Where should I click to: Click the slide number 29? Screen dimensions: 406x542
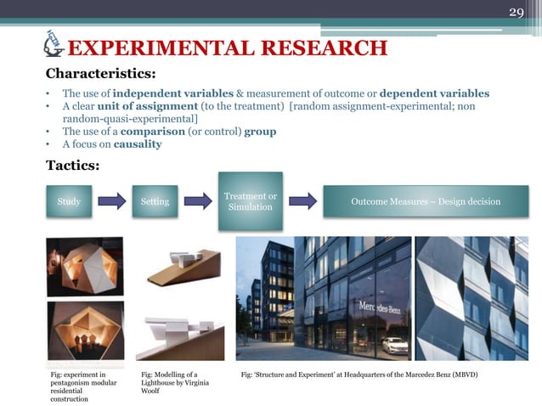click(x=517, y=13)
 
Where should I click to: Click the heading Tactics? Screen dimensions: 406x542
click(x=72, y=165)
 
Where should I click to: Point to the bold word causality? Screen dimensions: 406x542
click(x=138, y=144)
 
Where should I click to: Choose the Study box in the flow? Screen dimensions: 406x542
click(x=69, y=202)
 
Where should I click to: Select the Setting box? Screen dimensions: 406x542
click(x=155, y=202)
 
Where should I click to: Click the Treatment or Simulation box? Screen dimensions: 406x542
click(x=250, y=202)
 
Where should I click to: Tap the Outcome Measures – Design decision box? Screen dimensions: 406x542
click(x=426, y=202)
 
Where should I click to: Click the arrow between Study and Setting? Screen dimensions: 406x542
click(x=112, y=202)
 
